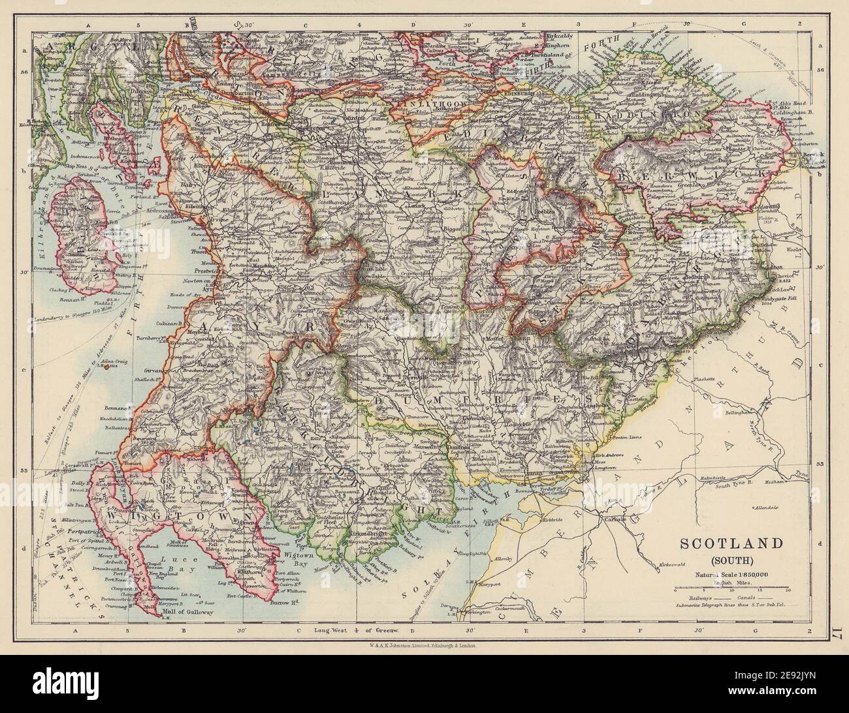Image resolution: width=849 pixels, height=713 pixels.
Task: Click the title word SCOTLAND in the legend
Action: [733, 543]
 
